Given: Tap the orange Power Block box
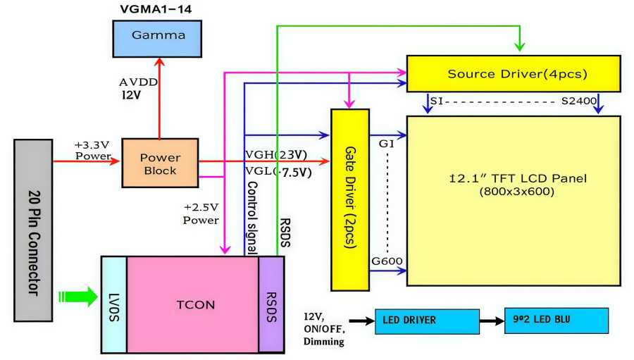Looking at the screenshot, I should [160, 163].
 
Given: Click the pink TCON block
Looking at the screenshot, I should [192, 304].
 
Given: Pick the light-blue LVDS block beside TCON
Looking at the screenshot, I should [114, 304].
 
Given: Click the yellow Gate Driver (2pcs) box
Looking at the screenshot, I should [350, 199].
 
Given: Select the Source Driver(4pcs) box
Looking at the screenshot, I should [514, 74].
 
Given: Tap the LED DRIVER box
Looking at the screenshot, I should [427, 321].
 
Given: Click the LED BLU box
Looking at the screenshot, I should [557, 321].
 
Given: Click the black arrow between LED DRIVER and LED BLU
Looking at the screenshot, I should [492, 321].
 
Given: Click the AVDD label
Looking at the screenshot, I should [138, 82].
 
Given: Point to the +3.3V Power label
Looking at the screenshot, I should [92, 150].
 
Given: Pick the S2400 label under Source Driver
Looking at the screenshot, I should [579, 101].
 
